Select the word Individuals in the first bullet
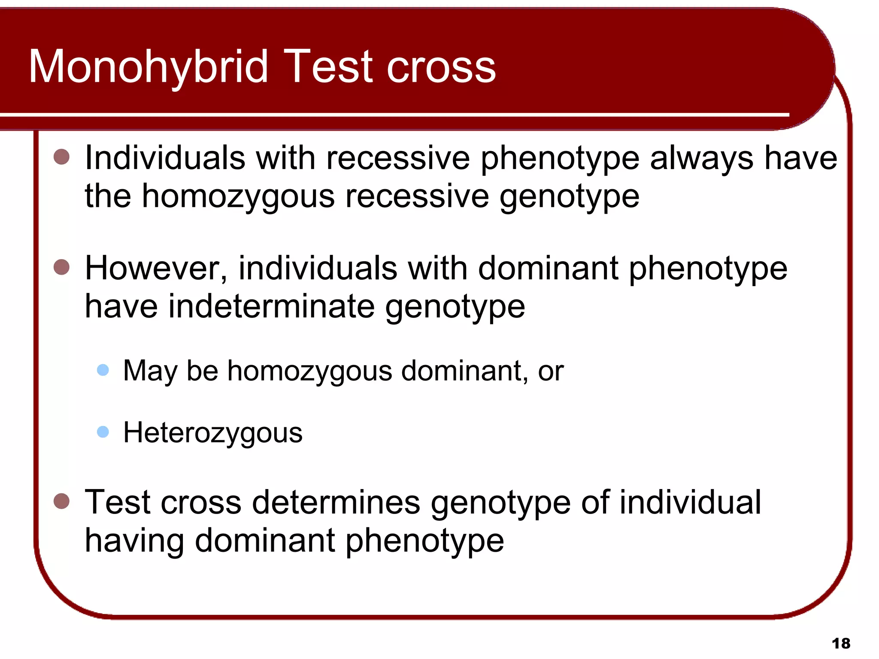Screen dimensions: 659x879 165,158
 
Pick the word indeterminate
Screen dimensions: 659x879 271,306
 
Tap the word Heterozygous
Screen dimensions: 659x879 213,433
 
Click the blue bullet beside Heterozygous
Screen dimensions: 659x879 103,432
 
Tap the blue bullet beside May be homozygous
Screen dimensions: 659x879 103,370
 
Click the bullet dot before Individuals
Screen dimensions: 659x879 62,157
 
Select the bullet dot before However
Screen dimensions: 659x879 62,267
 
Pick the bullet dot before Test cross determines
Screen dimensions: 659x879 62,501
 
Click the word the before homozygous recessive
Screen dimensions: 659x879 108,196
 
